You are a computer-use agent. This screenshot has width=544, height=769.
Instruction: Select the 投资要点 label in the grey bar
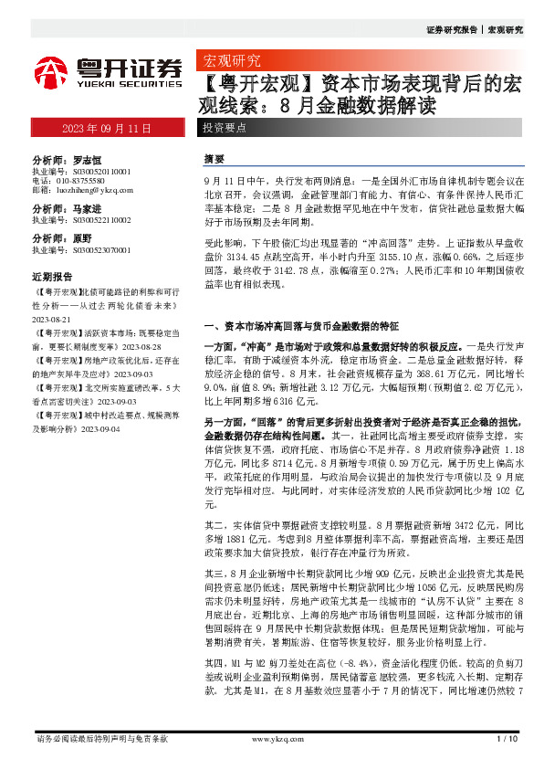(x=225, y=128)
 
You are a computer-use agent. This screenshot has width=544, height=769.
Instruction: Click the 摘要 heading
(x=214, y=158)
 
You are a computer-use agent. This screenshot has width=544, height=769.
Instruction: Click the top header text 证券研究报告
(x=452, y=29)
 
